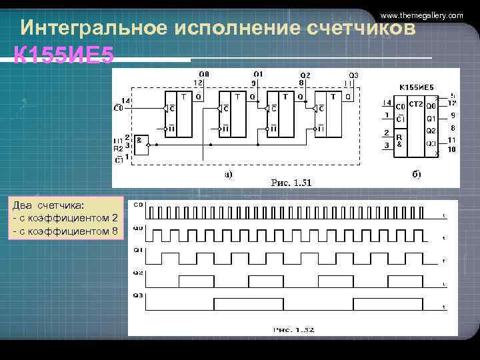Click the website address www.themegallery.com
(421, 15)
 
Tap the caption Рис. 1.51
(291, 182)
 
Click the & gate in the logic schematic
(141, 142)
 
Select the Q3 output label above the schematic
(353, 75)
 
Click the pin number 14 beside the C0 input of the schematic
(125, 100)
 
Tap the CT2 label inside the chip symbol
(416, 105)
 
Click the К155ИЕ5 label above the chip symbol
(416, 87)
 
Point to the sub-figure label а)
(228, 175)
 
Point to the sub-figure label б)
(415, 175)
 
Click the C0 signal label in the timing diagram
(138, 205)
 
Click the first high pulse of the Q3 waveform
(248, 302)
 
